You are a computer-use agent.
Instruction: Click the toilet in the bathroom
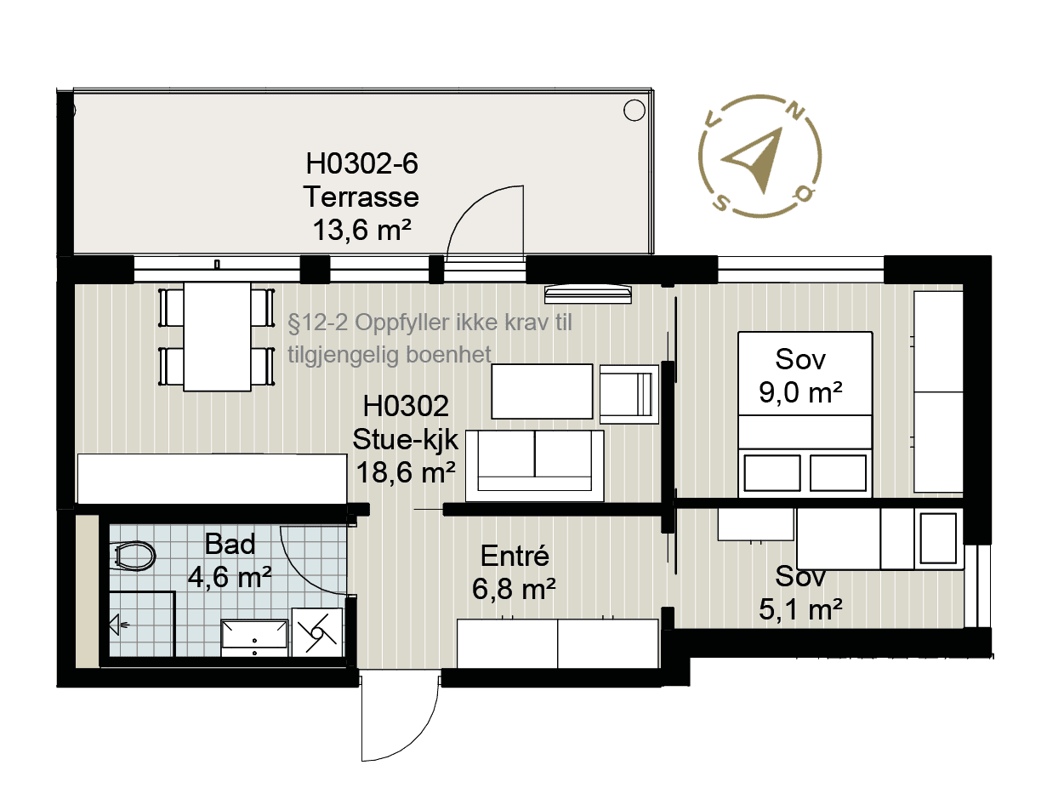click(x=134, y=556)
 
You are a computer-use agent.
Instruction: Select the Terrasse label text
click(x=361, y=197)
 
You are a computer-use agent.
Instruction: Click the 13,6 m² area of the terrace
click(x=361, y=230)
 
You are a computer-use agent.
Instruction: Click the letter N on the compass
click(x=795, y=112)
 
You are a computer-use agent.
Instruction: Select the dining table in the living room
click(x=217, y=336)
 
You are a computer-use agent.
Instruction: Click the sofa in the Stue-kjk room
click(x=535, y=465)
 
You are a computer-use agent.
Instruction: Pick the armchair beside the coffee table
click(x=629, y=395)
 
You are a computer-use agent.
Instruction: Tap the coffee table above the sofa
click(x=542, y=391)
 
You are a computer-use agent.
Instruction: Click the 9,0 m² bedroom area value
click(x=800, y=392)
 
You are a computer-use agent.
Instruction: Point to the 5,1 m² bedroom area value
click(x=800, y=609)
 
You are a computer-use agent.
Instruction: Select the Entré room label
click(x=515, y=556)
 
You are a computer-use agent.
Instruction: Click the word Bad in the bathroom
click(x=230, y=544)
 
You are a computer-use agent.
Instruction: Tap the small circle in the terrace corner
click(x=634, y=111)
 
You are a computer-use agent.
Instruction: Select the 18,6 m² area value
click(x=406, y=471)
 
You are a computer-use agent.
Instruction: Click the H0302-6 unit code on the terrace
click(x=361, y=163)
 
